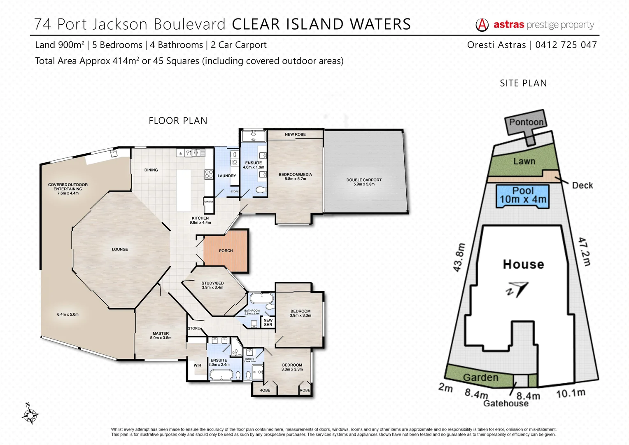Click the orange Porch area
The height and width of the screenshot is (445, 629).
point(226,251)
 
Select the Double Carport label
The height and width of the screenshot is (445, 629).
point(364,182)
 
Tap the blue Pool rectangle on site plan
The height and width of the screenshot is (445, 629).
point(523,195)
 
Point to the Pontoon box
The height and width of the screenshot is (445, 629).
point(526,122)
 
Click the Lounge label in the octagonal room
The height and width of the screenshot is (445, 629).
point(120,249)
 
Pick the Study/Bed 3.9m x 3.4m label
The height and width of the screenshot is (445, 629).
point(212,285)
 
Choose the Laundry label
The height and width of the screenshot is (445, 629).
point(227,176)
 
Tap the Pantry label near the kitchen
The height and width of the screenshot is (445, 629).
point(209,201)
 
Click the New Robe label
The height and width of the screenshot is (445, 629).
point(295,134)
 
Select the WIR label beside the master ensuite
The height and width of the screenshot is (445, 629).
point(198,365)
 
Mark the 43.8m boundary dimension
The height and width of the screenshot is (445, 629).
point(459,258)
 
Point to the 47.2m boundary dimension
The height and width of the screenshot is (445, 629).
point(585,251)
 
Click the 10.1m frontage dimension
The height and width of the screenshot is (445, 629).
point(571,393)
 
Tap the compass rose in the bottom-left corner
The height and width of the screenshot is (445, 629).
point(30,414)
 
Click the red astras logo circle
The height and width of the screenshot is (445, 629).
point(482,25)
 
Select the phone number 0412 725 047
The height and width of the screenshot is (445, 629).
point(566,45)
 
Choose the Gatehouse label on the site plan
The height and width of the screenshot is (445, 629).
point(506,403)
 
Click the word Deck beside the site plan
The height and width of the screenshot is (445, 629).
point(582,185)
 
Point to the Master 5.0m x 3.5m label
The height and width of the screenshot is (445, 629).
point(161,335)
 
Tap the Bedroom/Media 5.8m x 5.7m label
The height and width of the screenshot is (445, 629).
point(295,176)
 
